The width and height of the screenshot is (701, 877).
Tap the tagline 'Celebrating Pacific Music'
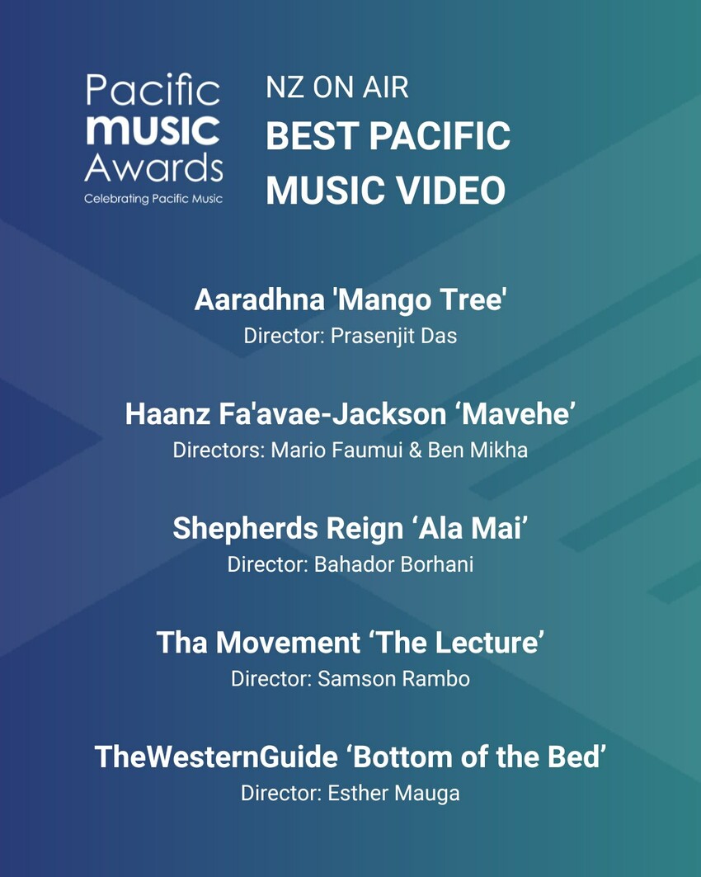point(153,199)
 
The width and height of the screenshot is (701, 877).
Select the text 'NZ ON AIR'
point(337,87)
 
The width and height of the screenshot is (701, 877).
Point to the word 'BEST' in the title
point(312,136)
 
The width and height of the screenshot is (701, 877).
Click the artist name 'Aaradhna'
point(260,299)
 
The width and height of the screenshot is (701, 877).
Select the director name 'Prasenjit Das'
point(393,336)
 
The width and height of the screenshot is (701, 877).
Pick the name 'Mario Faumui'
point(336,450)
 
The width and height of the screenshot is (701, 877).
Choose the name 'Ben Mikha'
point(478,450)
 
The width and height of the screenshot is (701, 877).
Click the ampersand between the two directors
point(415,450)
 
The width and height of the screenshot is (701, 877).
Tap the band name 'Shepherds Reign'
point(287,529)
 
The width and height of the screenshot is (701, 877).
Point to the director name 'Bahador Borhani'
point(393,564)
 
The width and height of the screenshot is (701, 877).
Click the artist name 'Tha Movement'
point(258,643)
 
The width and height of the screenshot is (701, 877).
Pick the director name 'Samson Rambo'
point(393,679)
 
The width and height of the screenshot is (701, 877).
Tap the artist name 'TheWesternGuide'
point(216,757)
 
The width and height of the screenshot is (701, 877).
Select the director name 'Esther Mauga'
point(393,793)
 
